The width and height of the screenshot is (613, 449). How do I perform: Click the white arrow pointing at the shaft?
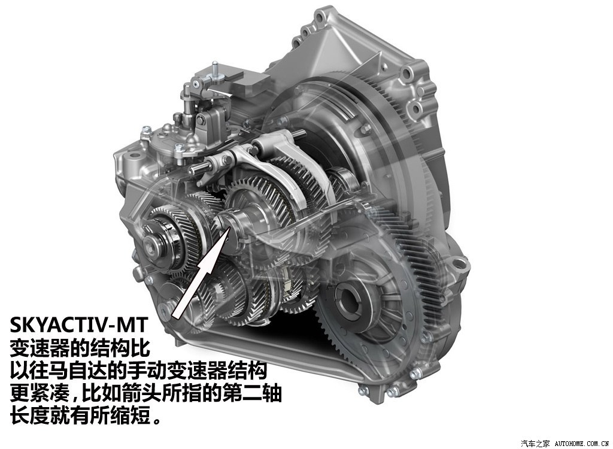click(x=199, y=274)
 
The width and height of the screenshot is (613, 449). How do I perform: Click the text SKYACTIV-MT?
click(x=78, y=324)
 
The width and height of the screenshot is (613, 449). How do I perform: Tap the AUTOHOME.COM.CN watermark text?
click(x=583, y=444)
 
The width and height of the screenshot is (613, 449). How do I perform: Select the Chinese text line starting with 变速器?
click(x=80, y=348)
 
